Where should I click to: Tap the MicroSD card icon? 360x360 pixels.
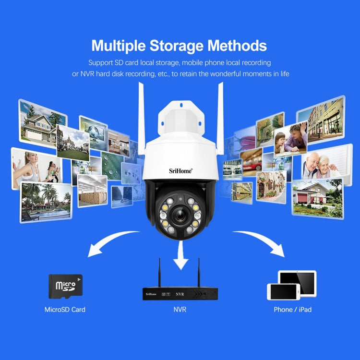[65, 286]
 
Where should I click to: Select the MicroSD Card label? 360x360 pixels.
[65, 310]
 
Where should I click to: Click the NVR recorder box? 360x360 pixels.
[180, 293]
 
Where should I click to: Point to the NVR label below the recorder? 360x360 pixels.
[180, 310]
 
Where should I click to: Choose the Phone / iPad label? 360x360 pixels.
[292, 310]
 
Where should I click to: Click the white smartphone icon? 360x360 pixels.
[283, 291]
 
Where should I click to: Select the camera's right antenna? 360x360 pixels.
[219, 115]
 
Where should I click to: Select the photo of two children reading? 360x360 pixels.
[290, 140]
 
